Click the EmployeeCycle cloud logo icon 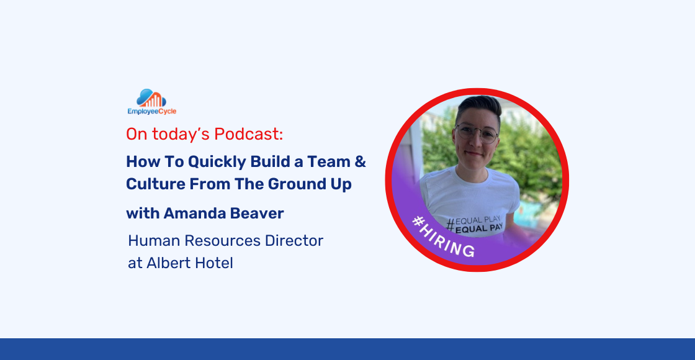tap(151, 98)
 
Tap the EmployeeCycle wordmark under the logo tap(151, 112)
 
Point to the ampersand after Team tap(359, 162)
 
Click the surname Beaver tap(256, 214)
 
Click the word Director tap(297, 241)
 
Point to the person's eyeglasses tap(477, 133)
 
